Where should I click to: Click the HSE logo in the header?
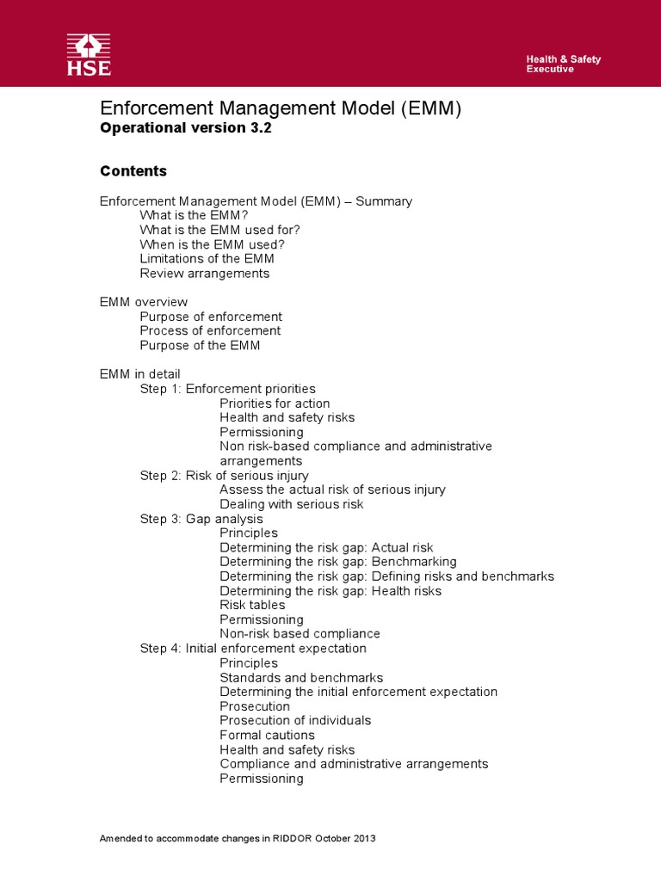(89, 54)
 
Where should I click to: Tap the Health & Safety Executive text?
(563, 64)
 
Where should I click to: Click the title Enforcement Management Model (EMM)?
(281, 108)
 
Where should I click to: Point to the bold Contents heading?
(133, 171)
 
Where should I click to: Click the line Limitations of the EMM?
(207, 259)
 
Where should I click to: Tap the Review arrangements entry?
(205, 274)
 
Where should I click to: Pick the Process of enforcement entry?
(210, 330)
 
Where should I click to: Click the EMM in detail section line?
(140, 374)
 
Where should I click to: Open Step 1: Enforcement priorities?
(228, 389)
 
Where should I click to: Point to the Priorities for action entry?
(275, 404)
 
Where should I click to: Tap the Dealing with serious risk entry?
(292, 504)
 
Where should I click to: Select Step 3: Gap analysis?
(201, 519)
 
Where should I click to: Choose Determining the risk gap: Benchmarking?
(338, 562)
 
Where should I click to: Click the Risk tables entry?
(252, 605)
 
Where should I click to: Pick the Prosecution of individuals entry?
(295, 720)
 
